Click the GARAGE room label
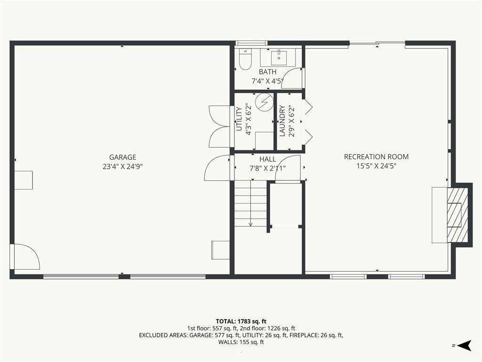(x=123, y=157)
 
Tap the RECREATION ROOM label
(x=376, y=156)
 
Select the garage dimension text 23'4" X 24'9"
(x=123, y=166)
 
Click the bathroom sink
(x=279, y=58)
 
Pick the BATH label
(x=267, y=72)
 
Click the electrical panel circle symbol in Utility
(x=265, y=102)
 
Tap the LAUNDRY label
(x=282, y=121)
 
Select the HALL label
(x=267, y=159)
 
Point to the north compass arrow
(x=464, y=346)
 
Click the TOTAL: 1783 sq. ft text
(x=241, y=321)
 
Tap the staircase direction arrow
(x=250, y=204)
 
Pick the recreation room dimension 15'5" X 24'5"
(x=376, y=166)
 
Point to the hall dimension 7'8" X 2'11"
(x=267, y=168)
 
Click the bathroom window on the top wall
(x=251, y=43)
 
